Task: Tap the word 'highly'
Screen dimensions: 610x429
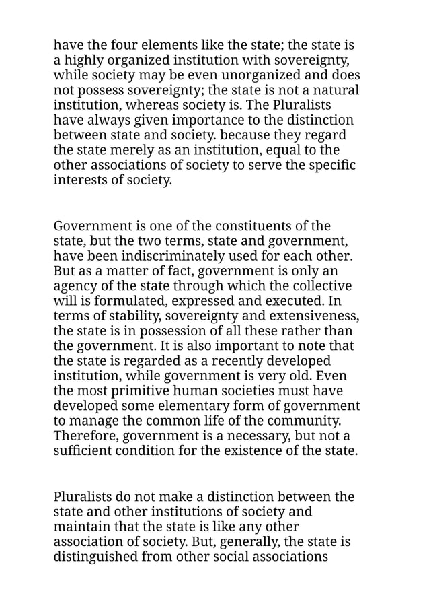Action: pos(83,61)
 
